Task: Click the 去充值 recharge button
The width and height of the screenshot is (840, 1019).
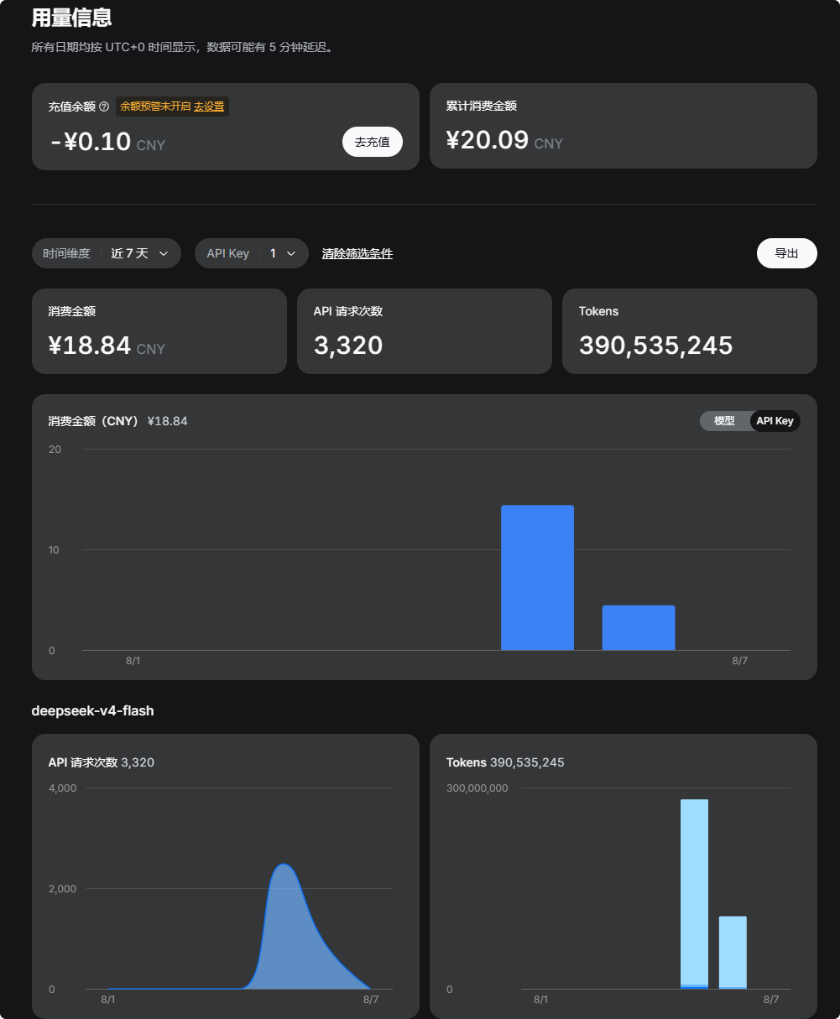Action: coord(372,142)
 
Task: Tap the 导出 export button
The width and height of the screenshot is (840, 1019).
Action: coord(786,253)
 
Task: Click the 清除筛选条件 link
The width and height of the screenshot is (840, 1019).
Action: coord(357,254)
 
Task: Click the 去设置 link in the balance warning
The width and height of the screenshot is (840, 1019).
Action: coord(209,107)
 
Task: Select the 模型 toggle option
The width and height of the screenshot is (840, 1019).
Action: coord(723,421)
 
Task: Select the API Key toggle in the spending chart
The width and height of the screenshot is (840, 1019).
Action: coord(775,421)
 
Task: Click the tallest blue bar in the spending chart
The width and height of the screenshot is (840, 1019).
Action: coord(537,577)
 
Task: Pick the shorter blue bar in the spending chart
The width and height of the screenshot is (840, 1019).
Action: coord(639,627)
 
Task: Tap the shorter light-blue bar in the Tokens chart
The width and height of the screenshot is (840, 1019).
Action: coord(733,953)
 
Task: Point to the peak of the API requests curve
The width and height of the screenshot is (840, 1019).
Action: coord(284,865)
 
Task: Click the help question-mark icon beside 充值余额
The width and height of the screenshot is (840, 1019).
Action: coord(104,107)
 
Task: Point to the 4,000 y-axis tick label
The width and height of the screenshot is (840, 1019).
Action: coord(62,788)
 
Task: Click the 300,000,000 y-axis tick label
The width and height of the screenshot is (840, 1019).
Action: coord(477,788)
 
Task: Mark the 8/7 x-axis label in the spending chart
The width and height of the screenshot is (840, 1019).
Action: coord(739,661)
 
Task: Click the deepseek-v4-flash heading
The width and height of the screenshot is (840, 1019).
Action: coord(93,710)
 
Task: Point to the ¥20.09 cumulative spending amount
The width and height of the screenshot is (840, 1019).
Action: coord(488,140)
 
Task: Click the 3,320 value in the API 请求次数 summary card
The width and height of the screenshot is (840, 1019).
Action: coord(348,346)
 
